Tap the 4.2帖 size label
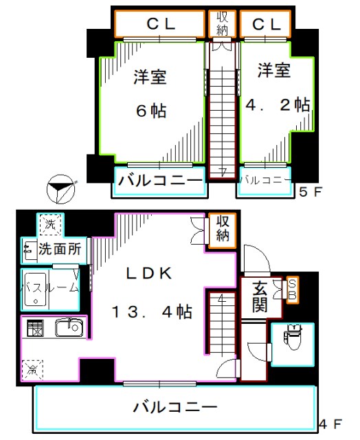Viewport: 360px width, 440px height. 278,104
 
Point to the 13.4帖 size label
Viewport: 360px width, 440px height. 152,311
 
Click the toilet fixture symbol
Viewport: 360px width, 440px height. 292,338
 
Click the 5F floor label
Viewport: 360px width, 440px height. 309,192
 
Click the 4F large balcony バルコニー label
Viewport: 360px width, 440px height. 175,406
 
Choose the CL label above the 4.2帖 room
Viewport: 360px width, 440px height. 267,24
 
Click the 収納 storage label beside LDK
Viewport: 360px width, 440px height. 222,229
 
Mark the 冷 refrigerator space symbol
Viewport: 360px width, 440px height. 32,370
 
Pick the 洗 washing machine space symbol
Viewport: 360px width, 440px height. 49,225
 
